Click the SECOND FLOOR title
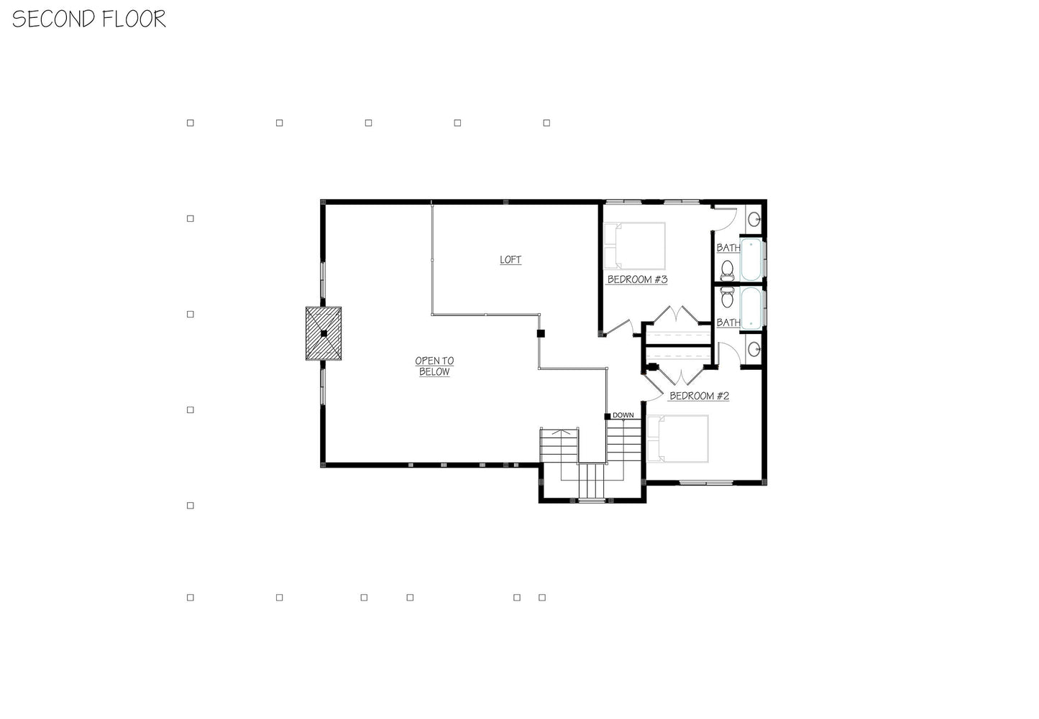pyautogui.click(x=88, y=19)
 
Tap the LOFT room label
pyautogui.click(x=511, y=260)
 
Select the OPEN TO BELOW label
pyautogui.click(x=434, y=366)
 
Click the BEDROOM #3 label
pyautogui.click(x=637, y=279)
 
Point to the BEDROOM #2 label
pyautogui.click(x=699, y=396)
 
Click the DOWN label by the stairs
pyautogui.click(x=623, y=415)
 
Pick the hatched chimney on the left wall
pyautogui.click(x=324, y=333)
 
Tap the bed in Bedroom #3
pyautogui.click(x=634, y=246)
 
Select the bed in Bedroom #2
pyautogui.click(x=677, y=439)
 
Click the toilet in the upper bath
pyautogui.click(x=727, y=270)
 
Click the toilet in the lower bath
pyautogui.click(x=727, y=297)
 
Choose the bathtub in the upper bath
pyautogui.click(x=751, y=259)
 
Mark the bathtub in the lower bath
pyautogui.click(x=751, y=308)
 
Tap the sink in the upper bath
pyautogui.click(x=754, y=218)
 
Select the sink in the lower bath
pyautogui.click(x=754, y=349)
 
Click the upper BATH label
pyautogui.click(x=728, y=248)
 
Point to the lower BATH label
pyautogui.click(x=728, y=323)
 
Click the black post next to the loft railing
pyautogui.click(x=541, y=333)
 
